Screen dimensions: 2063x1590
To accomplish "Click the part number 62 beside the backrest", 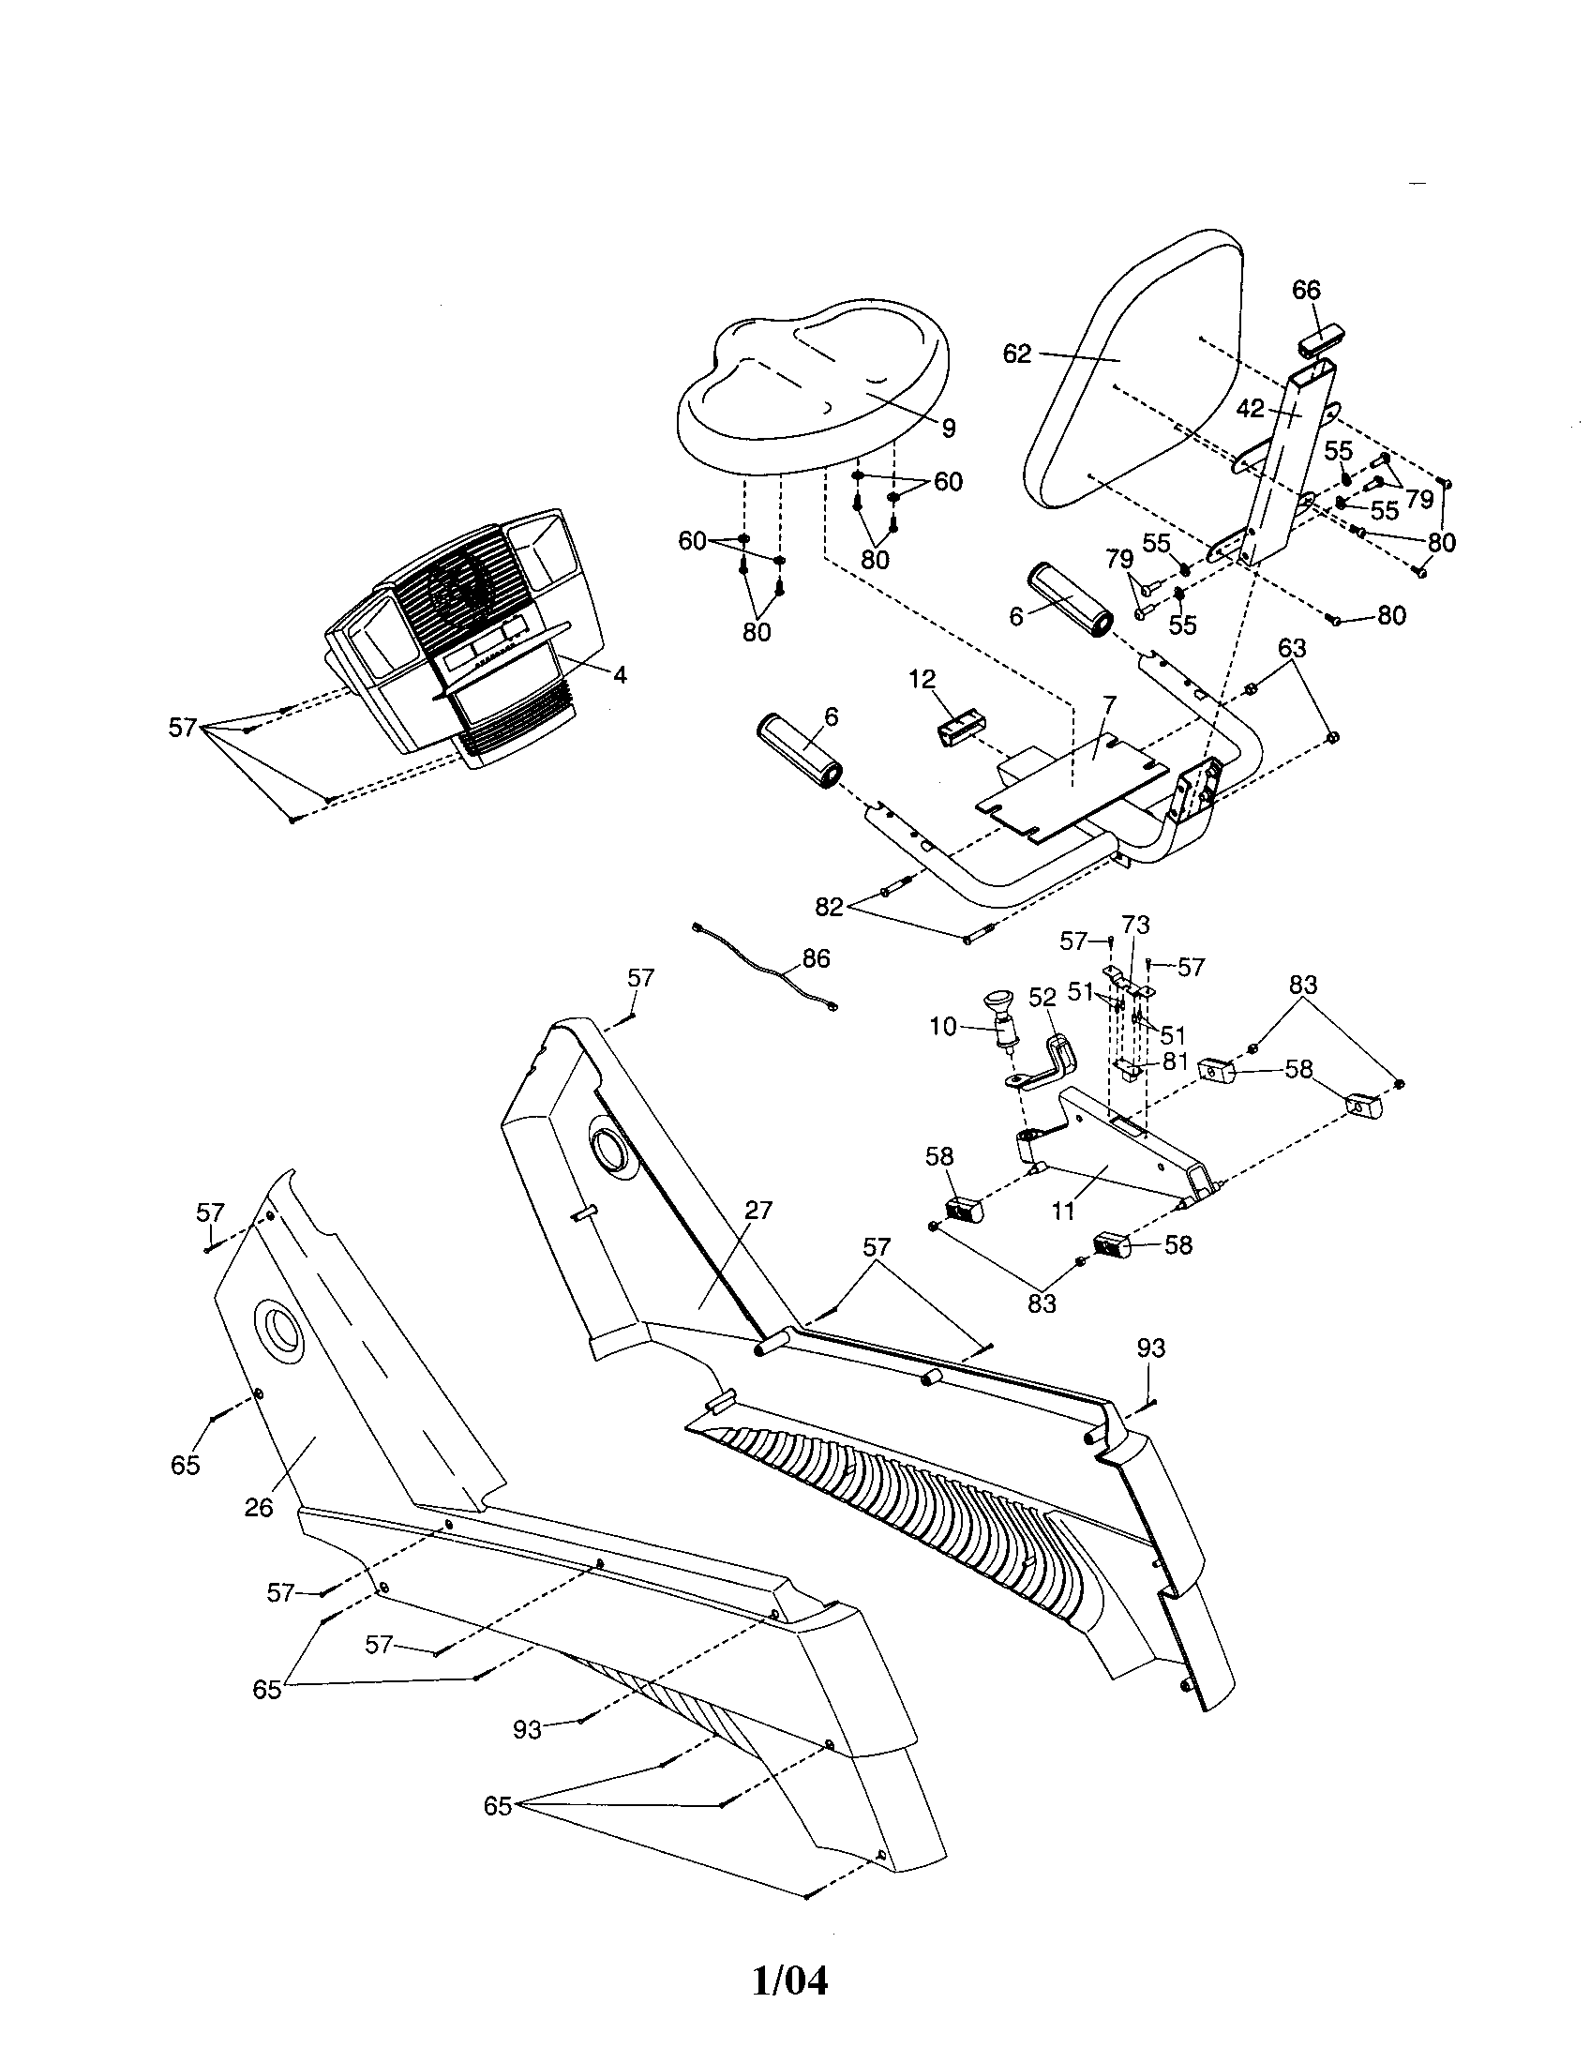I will pyautogui.click(x=1016, y=355).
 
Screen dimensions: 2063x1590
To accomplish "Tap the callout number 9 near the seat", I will pyautogui.click(x=948, y=429).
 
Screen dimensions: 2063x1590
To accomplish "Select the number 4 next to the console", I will pyautogui.click(x=620, y=674).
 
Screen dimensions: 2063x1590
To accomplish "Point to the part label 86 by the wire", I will pyautogui.click(x=816, y=957).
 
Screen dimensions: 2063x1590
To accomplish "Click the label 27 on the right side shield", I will pyautogui.click(x=758, y=1210).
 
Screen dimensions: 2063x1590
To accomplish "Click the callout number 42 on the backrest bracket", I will pyautogui.click(x=1250, y=408).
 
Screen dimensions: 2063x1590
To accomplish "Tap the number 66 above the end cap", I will pyautogui.click(x=1306, y=290).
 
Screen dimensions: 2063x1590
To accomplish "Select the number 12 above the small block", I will pyautogui.click(x=922, y=678).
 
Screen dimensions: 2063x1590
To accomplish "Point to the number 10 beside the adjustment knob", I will pyautogui.click(x=943, y=1026).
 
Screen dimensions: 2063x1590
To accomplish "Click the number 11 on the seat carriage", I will pyautogui.click(x=1064, y=1211).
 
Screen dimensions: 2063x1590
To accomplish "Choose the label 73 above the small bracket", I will pyautogui.click(x=1136, y=925).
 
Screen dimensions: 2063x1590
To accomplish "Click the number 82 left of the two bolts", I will pyautogui.click(x=829, y=907).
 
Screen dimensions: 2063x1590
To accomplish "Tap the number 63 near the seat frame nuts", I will pyautogui.click(x=1292, y=648).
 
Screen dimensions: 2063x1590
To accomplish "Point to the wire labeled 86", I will pyautogui.click(x=765, y=971).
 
